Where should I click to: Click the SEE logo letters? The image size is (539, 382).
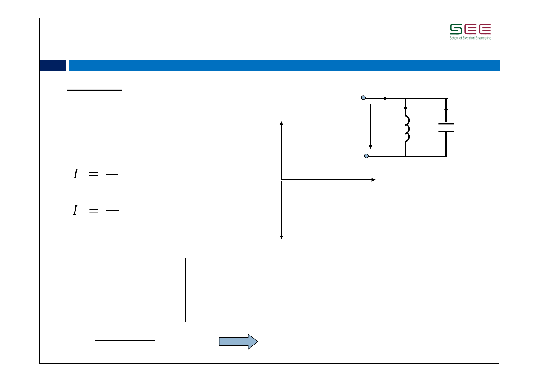click(470, 29)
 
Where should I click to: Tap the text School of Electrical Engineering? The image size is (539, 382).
click(470, 38)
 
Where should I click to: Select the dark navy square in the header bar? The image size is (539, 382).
click(52, 65)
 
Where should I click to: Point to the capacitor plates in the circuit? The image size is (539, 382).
click(446, 128)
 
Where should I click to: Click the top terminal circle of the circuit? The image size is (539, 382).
click(363, 98)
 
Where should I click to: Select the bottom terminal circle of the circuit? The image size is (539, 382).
click(366, 156)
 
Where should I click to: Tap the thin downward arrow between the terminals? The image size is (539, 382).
click(370, 127)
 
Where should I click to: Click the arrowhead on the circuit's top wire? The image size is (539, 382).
click(386, 98)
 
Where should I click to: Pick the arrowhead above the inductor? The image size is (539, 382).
click(405, 109)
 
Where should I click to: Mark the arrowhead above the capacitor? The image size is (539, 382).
click(446, 111)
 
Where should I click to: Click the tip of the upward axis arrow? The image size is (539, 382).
click(281, 122)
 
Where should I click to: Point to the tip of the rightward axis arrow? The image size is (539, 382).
click(374, 180)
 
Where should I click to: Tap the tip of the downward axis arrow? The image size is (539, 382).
click(281, 238)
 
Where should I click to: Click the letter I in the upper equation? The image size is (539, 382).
click(76, 174)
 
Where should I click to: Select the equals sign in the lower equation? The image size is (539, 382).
click(93, 211)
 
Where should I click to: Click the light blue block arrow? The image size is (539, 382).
click(238, 342)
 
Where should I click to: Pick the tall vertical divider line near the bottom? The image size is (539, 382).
click(186, 290)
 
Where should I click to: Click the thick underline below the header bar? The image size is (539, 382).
click(94, 90)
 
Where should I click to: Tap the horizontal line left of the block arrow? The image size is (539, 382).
click(125, 340)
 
